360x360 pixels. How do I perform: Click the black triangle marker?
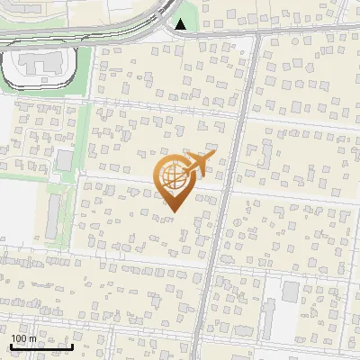pos(182,24)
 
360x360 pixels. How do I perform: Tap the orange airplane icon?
pos(199,163)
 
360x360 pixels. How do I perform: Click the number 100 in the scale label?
pos(22,338)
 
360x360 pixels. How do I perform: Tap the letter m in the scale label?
pos(33,338)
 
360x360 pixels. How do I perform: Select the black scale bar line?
pos(41,346)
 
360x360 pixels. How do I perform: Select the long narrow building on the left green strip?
pos(55,220)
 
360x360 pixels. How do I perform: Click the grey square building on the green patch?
pos(64,160)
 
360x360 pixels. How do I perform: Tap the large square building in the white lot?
pos(291,292)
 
